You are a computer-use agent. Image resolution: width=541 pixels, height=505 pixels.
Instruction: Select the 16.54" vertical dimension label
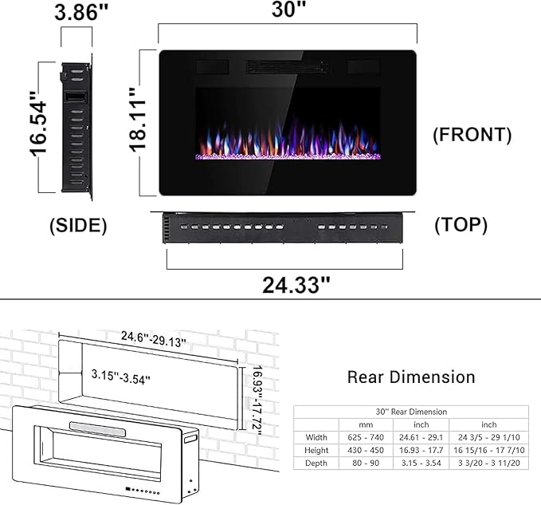37,127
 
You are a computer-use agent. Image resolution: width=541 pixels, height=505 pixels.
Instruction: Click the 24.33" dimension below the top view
296,283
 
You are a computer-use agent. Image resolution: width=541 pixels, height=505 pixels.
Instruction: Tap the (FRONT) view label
472,135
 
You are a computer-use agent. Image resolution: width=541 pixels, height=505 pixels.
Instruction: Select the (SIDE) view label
78,226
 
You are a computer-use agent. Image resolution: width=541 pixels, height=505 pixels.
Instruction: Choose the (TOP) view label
461,226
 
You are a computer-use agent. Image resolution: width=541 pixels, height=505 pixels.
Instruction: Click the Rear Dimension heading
410,377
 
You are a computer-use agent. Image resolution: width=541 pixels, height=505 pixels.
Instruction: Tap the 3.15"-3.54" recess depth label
121,374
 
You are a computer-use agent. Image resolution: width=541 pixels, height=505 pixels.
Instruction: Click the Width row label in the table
316,436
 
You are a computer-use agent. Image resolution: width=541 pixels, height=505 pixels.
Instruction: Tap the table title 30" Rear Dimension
410,412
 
